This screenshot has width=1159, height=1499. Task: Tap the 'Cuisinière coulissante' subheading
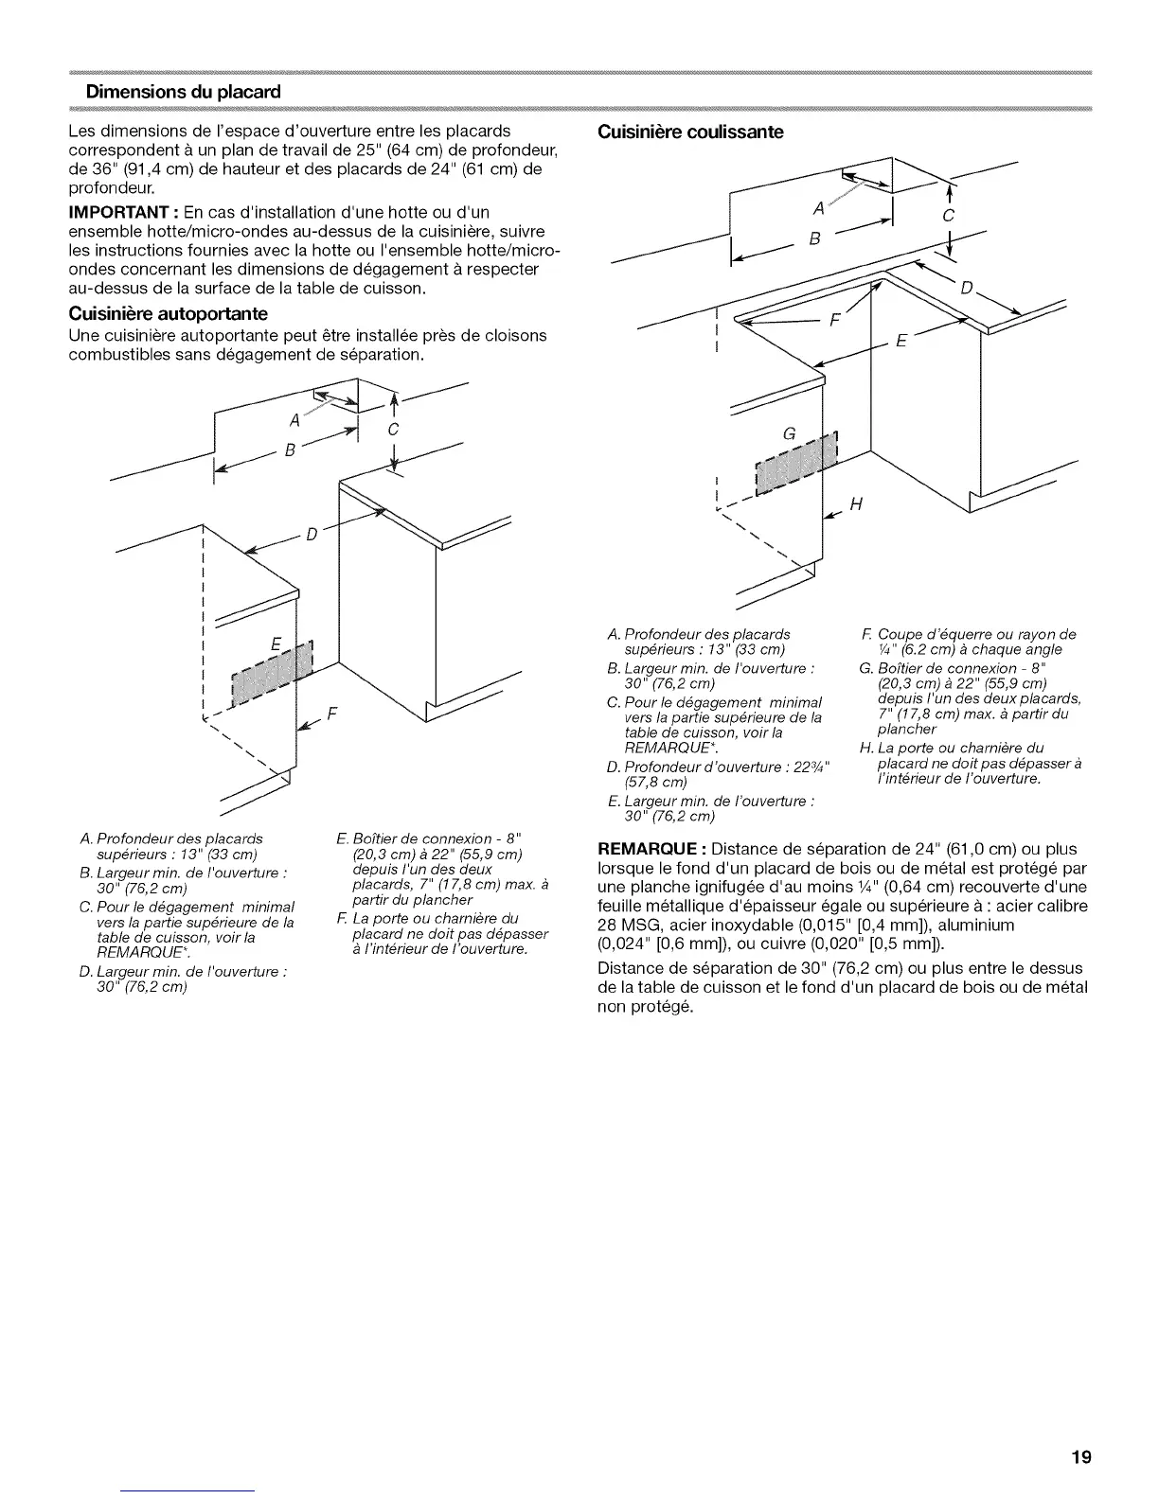tap(691, 132)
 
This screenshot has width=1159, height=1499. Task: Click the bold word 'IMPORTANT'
tap(113, 210)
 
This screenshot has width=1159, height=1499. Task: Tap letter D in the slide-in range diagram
tap(966, 287)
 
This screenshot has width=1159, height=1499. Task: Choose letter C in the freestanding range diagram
tap(395, 429)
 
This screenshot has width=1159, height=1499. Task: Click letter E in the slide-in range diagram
tap(900, 342)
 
